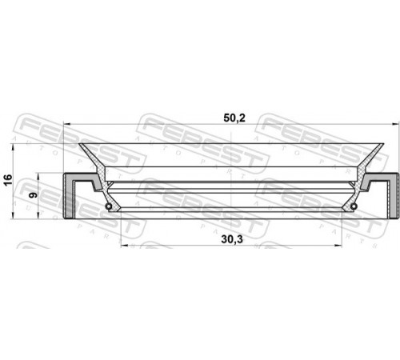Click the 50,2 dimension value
234,118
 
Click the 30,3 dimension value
232,239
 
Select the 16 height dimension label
8,180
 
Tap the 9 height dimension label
34,195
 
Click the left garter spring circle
108,206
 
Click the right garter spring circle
354,206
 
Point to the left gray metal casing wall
68,196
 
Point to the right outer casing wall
393,196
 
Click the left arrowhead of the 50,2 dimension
66,124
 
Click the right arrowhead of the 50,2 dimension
394,124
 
